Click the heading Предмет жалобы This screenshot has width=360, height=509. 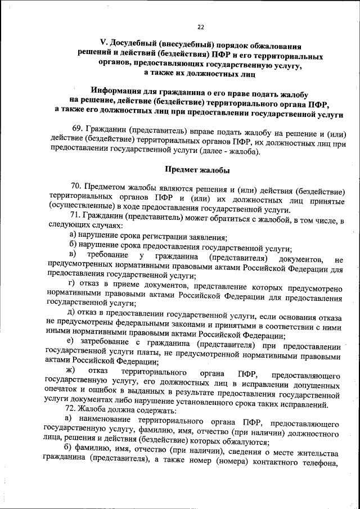tap(197, 169)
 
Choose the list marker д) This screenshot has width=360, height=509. tap(71, 310)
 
